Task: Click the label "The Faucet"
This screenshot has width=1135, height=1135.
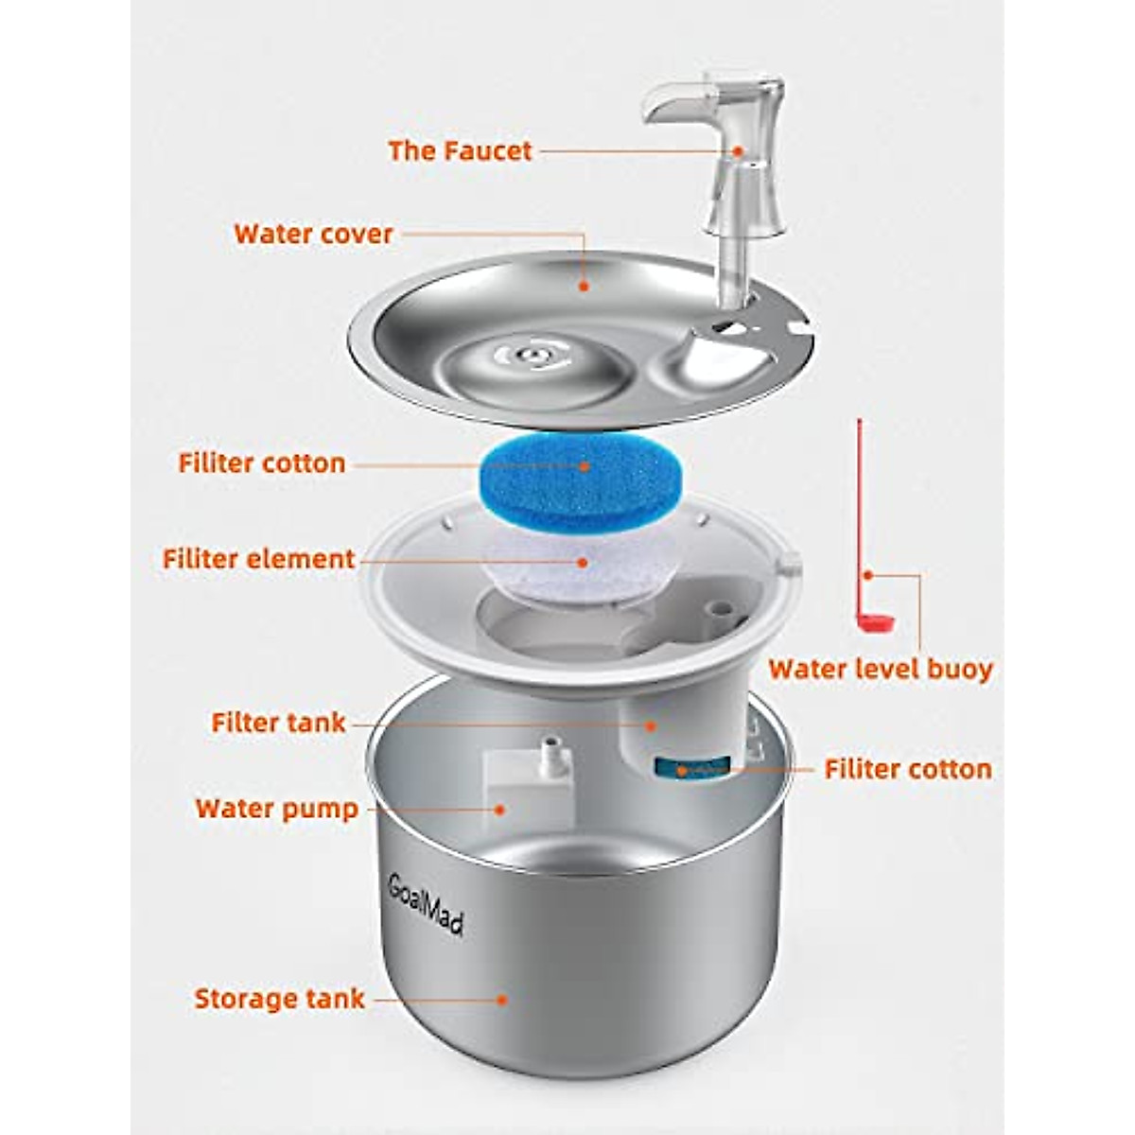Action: coord(460,151)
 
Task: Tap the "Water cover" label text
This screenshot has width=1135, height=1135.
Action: coord(313,234)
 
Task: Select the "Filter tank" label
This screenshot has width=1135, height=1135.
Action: coord(278,724)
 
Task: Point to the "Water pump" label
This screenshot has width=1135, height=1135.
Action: coord(277,809)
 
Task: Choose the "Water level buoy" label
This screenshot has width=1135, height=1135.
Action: coord(881,670)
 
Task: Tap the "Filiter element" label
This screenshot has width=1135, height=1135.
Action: coord(258,559)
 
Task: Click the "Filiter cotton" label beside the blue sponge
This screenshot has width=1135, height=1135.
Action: coord(262,463)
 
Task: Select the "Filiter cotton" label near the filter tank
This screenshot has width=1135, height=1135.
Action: coord(908,769)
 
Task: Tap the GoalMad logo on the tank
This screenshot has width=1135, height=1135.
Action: coord(427,903)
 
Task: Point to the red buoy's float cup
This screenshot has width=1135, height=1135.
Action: coord(876,621)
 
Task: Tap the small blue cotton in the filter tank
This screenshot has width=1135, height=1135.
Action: coord(695,767)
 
